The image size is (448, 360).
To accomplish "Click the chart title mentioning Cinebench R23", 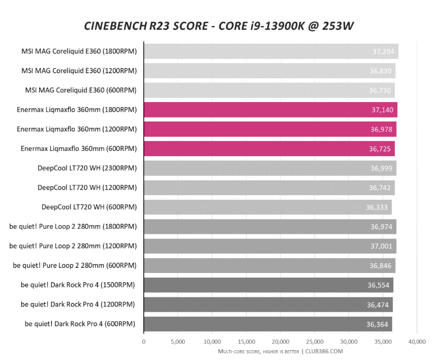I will pos(224,26).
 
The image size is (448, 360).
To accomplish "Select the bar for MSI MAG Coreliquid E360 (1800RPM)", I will pos(271,51).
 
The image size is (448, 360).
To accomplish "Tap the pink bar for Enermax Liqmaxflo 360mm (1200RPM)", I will pos(269,129).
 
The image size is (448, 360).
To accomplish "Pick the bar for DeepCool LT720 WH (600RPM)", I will pos(267,207).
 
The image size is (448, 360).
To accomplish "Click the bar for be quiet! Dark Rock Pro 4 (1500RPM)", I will pos(268,285).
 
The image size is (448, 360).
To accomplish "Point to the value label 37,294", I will pos(384,51).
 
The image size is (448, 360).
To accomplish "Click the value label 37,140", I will pos(382,110).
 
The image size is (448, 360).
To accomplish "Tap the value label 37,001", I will pos(382,246).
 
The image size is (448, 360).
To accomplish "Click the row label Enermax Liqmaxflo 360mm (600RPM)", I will pos(79,149).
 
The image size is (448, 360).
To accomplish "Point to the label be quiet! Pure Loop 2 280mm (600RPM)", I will pos(75,266).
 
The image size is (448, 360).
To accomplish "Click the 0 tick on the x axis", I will pos(144,342).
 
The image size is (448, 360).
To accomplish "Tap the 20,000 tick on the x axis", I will pos(280,342).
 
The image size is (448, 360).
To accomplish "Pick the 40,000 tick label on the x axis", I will pos(417,342).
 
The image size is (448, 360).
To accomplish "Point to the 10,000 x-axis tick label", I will pos(212,342).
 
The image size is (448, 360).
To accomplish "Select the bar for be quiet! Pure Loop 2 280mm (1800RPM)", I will pos(269,226).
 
